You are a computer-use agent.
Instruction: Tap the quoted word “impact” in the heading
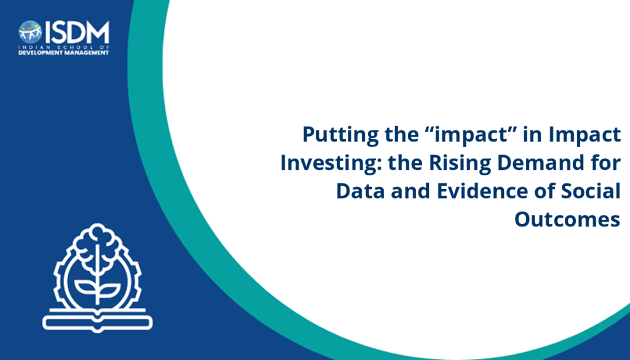click(472, 135)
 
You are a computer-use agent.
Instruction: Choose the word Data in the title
click(361, 191)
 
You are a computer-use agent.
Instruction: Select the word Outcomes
click(567, 220)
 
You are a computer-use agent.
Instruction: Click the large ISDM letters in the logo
click(77, 32)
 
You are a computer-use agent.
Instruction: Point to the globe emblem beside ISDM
click(30, 32)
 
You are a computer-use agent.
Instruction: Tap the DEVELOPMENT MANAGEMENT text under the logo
click(63, 53)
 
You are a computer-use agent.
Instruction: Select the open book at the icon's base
click(98, 320)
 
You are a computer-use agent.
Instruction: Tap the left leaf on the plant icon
click(86, 287)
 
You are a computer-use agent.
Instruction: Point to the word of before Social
click(544, 191)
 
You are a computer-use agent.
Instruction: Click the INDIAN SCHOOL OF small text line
click(63, 47)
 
